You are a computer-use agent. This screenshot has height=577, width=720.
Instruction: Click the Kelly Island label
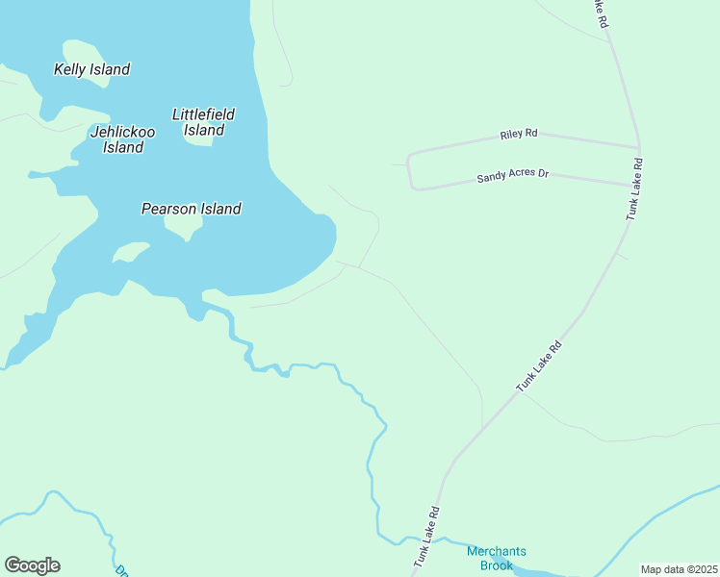[91, 69]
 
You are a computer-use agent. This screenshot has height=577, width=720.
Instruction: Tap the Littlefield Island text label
[203, 122]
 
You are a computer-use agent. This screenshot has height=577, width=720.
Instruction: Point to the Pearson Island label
[191, 208]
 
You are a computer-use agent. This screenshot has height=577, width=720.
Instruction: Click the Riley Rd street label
[518, 134]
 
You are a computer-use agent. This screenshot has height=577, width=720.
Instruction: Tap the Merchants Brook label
[496, 558]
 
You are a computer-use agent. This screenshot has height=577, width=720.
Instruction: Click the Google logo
[32, 565]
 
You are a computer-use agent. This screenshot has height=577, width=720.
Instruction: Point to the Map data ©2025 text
[680, 569]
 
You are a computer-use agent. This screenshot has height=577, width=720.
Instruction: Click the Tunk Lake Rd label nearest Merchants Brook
[426, 536]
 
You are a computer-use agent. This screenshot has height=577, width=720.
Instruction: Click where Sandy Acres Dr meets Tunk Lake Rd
[631, 185]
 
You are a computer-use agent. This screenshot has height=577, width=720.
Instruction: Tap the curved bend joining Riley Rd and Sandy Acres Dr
[410, 171]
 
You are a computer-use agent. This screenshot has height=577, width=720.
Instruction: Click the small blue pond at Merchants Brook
[500, 560]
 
